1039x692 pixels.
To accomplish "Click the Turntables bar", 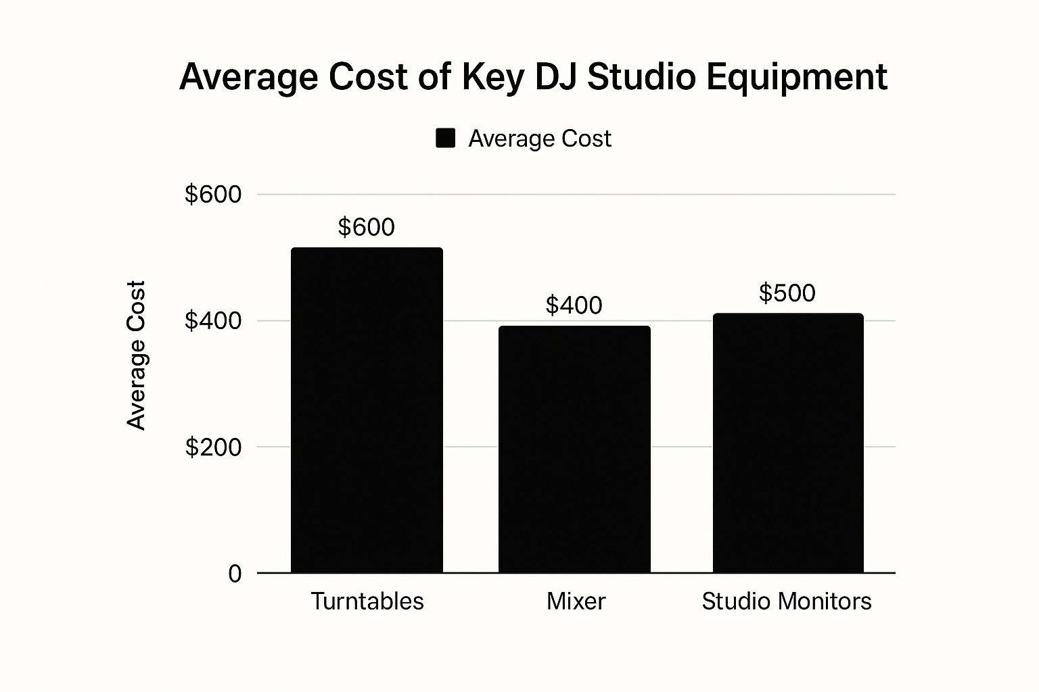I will pos(367,410).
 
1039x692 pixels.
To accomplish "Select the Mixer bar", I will pos(574,449).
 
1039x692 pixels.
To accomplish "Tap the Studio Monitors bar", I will pos(788,443).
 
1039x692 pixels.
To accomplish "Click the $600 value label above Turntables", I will pos(366,227).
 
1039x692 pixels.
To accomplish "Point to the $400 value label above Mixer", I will pos(574,305).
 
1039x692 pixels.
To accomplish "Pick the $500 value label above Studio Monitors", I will pos(787,293).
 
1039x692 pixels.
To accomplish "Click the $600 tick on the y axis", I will pos(213,195).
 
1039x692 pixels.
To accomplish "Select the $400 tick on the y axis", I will pos(213,321).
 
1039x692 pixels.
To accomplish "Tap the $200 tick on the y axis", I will pos(213,447).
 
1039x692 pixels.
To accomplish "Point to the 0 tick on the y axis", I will pos(235,574).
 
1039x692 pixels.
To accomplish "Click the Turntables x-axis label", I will pos(367,601).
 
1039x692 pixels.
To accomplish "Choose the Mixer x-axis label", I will pos(576,601).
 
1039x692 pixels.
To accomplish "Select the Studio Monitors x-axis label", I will pos(786,601).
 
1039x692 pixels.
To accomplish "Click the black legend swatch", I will pos(445,139).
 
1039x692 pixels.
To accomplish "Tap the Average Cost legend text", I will pos(539,139).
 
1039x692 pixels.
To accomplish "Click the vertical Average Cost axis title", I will pos(137,355).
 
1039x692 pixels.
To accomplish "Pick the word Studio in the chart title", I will pos(641,76).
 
